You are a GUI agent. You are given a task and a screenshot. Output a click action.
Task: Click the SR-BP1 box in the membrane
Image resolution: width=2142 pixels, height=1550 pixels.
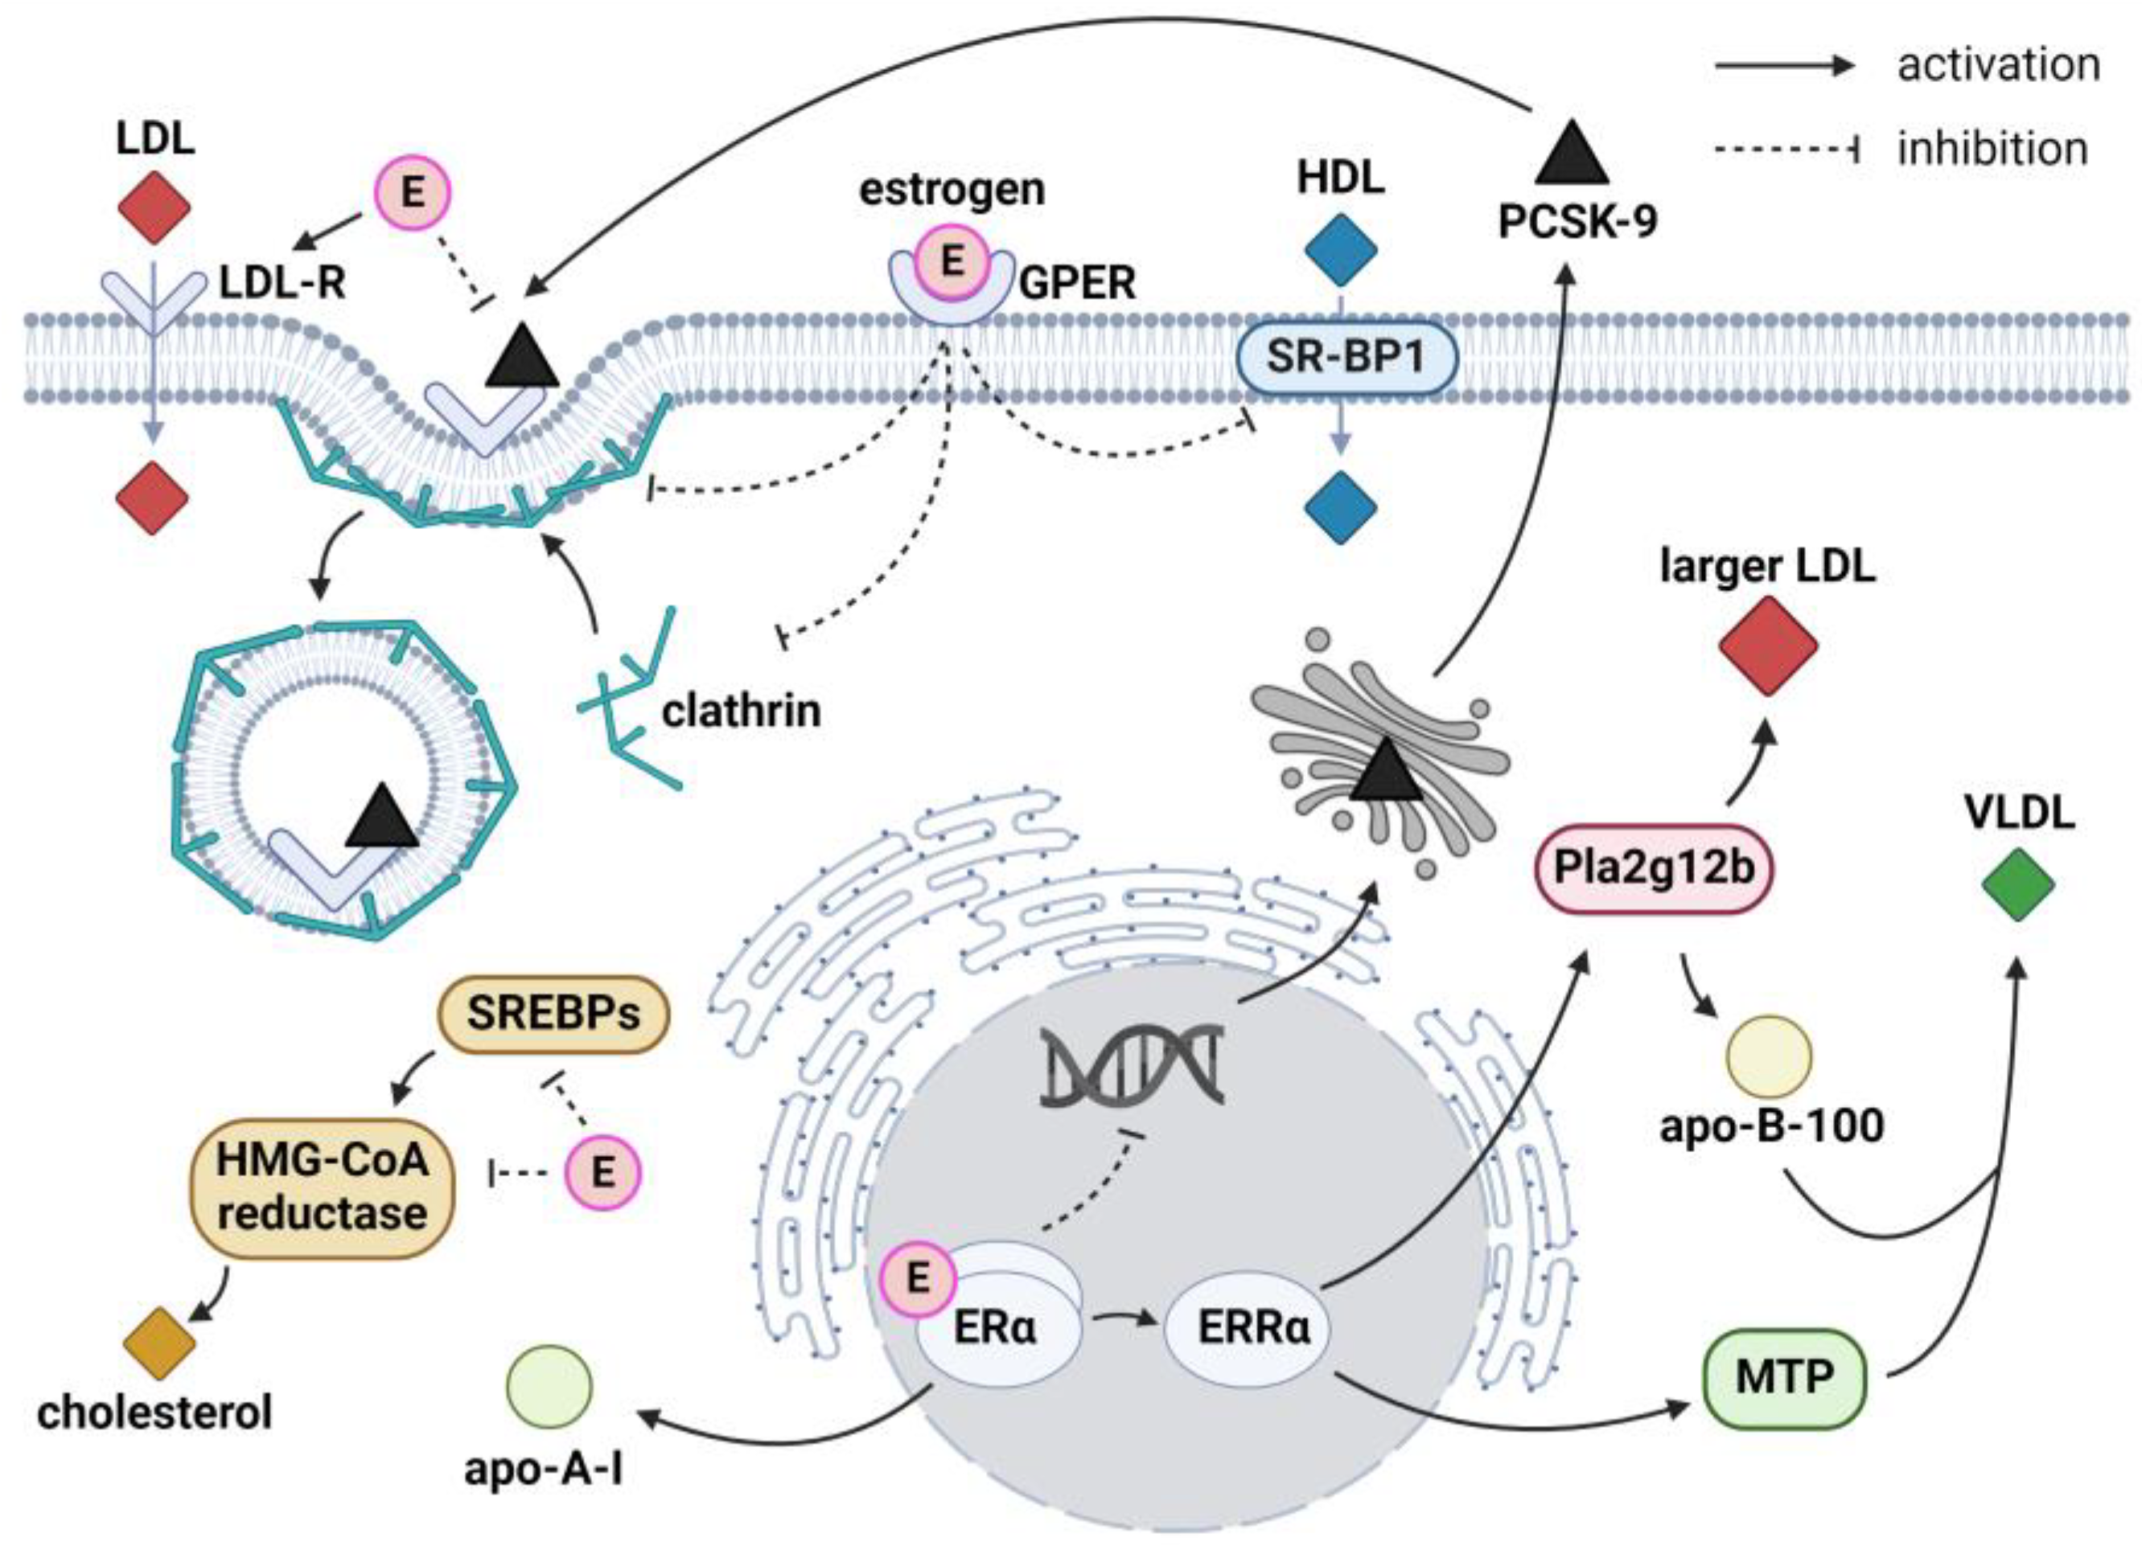point(1346,358)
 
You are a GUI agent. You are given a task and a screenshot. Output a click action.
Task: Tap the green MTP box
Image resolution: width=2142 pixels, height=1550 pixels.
point(1783,1378)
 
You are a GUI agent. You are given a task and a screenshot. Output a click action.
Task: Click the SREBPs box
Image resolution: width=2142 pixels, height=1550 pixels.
point(553,1014)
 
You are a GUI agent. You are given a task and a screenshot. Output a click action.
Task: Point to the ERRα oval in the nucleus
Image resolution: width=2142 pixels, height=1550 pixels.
point(1252,1328)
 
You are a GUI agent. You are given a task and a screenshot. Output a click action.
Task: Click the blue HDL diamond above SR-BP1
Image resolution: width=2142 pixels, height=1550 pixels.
point(1340,250)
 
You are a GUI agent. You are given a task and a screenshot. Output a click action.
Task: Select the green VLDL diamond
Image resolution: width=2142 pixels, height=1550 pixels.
point(2017,884)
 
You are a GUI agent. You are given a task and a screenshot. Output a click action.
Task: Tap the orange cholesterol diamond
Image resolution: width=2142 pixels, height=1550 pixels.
point(158,1343)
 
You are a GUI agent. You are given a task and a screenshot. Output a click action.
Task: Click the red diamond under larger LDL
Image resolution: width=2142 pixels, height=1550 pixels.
point(1768,646)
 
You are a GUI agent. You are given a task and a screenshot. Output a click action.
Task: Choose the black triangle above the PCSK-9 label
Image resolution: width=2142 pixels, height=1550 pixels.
point(1572,154)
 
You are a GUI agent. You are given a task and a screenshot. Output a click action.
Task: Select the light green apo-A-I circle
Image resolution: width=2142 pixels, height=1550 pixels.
point(549,1387)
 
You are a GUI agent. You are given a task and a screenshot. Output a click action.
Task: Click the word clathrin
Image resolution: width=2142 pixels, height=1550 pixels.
point(741,711)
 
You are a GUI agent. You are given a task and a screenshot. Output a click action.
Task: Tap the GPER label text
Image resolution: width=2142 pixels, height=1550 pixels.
point(1078,282)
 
